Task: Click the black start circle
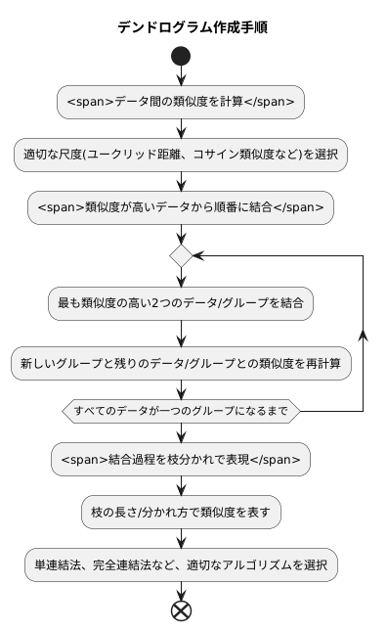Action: pos(181,57)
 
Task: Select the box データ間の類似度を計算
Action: pos(181,101)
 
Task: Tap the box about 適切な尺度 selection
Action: pos(181,154)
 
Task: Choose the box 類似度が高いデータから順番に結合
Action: pos(181,206)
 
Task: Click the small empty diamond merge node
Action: pos(181,255)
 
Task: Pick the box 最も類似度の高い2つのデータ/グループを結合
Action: pos(181,303)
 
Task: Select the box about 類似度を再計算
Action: pos(181,363)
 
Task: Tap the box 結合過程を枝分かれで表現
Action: pos(181,457)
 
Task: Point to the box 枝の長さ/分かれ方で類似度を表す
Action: pos(181,510)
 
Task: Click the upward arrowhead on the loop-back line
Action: pos(364,334)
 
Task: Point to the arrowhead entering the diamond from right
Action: pos(197,255)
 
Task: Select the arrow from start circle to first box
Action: pos(181,77)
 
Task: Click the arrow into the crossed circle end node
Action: pos(181,590)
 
